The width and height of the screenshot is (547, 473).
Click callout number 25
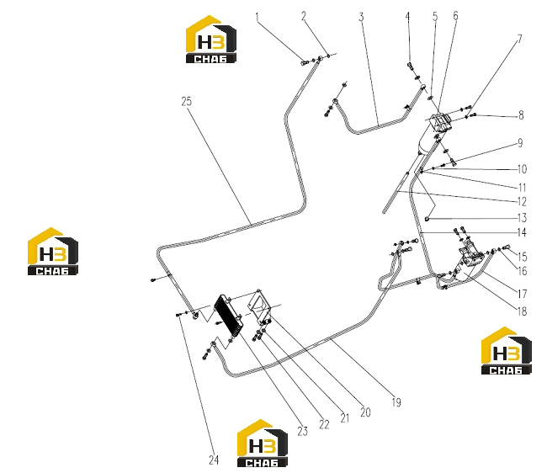[x=186, y=102]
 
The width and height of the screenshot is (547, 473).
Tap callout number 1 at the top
[x=258, y=17]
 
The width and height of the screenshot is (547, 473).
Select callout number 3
[x=361, y=17]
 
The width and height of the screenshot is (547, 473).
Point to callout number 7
[x=519, y=39]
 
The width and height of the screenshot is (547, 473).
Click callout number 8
[x=521, y=114]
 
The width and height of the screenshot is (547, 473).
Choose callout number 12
[x=522, y=202]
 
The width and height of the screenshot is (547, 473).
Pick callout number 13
[x=522, y=218]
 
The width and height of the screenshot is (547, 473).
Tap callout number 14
[x=522, y=232]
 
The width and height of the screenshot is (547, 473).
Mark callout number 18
[x=522, y=311]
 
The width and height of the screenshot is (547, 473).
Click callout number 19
[x=396, y=402]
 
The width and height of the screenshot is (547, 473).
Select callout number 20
[x=365, y=412]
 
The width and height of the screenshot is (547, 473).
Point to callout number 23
[x=302, y=432]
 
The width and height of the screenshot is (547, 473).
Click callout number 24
[x=214, y=460]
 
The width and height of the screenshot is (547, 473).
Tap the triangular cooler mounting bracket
[x=260, y=307]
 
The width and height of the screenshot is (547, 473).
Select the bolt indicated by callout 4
[x=410, y=66]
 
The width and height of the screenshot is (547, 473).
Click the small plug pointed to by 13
[x=427, y=219]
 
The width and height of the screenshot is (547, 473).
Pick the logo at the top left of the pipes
[x=210, y=39]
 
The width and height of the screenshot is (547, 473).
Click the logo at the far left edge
[x=53, y=251]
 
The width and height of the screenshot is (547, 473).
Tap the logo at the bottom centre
[x=263, y=443]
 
